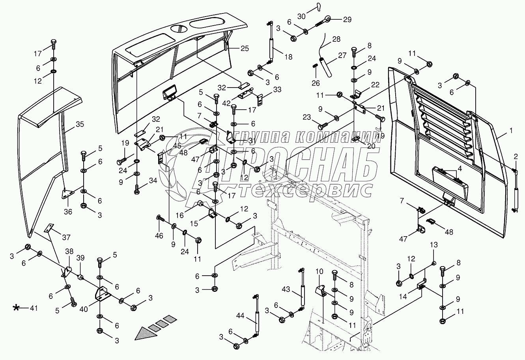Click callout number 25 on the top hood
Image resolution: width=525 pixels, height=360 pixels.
pyautogui.click(x=245, y=48)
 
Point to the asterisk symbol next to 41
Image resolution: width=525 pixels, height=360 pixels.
pyautogui.click(x=16, y=308)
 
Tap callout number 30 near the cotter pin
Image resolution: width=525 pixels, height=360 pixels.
pyautogui.click(x=301, y=17)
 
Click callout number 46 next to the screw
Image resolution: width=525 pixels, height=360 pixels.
pyautogui.click(x=159, y=236)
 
